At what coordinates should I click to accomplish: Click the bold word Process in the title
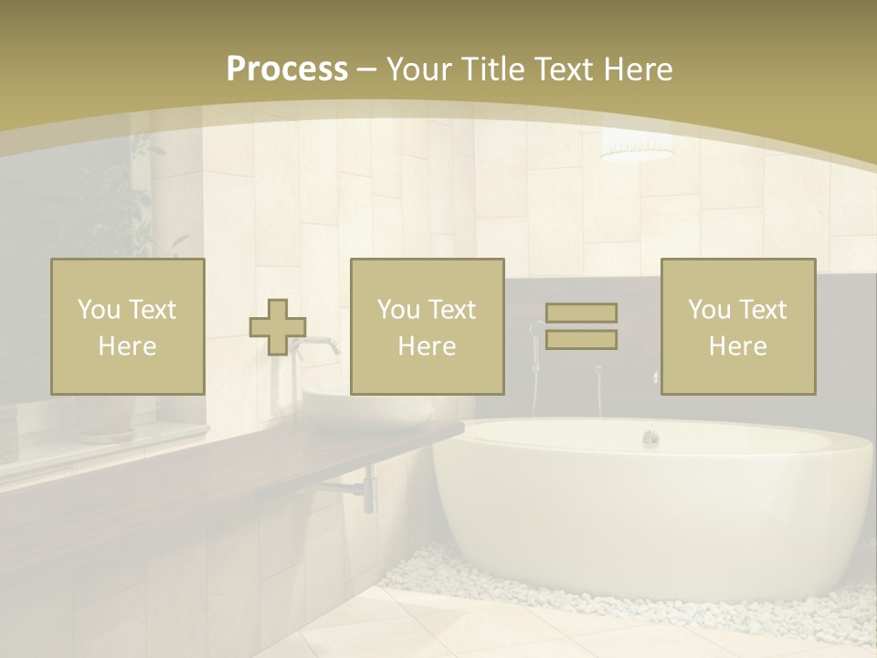point(287,69)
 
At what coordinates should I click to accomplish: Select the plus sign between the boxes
point(278,327)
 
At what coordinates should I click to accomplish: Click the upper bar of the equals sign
point(581,313)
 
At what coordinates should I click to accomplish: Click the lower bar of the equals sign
point(581,340)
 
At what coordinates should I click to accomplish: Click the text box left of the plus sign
point(128,326)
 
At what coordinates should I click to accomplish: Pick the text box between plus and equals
point(427,326)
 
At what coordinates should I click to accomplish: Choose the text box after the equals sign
point(737,326)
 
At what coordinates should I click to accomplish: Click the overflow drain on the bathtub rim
point(650,438)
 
